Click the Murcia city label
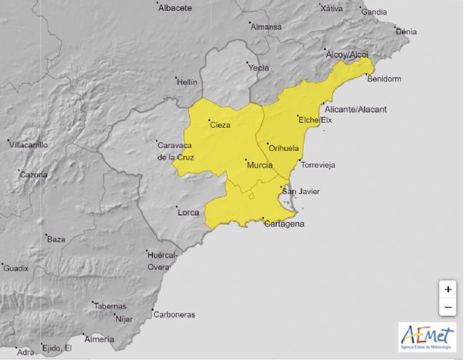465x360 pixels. click(260, 166)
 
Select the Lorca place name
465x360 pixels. click(188, 213)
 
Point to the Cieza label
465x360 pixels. click(220, 126)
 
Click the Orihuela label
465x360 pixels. click(283, 148)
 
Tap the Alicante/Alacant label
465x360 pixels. click(356, 110)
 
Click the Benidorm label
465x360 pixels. click(385, 78)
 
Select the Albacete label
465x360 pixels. click(175, 8)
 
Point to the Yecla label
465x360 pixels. click(259, 68)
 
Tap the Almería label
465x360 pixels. click(100, 339)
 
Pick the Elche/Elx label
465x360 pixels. click(315, 120)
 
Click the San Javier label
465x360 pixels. click(301, 192)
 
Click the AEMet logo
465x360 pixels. click(427, 336)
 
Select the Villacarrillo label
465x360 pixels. click(28, 145)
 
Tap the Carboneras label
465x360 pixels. click(174, 314)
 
